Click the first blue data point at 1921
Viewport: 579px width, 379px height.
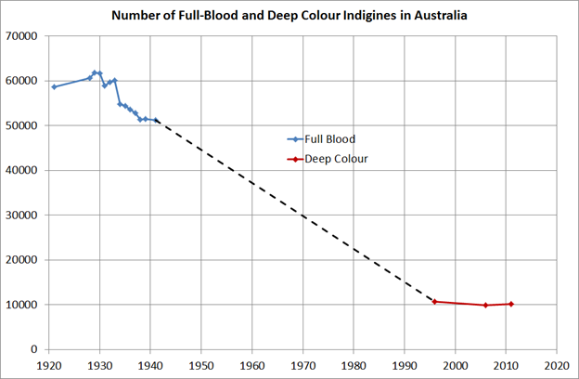point(54,87)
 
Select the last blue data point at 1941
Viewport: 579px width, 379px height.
point(156,121)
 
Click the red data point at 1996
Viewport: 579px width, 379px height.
point(434,302)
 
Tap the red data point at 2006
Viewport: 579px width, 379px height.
point(485,306)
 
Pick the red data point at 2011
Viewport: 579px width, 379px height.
point(510,304)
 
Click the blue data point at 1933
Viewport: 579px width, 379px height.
point(115,81)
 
